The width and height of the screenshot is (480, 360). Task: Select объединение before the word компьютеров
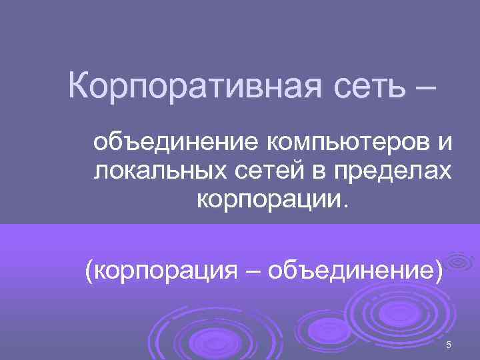pyautogui.click(x=176, y=143)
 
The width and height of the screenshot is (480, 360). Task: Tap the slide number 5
pyautogui.click(x=449, y=345)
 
